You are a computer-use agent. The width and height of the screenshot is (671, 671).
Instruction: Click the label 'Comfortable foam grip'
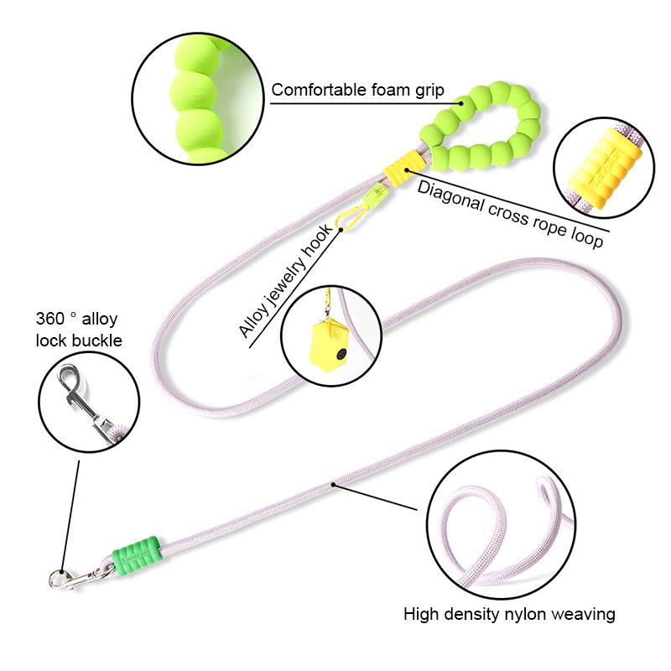(357, 90)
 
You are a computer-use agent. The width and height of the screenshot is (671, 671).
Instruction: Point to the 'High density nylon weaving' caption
(509, 614)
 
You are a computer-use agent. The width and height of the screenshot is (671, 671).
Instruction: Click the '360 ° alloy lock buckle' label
(78, 329)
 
